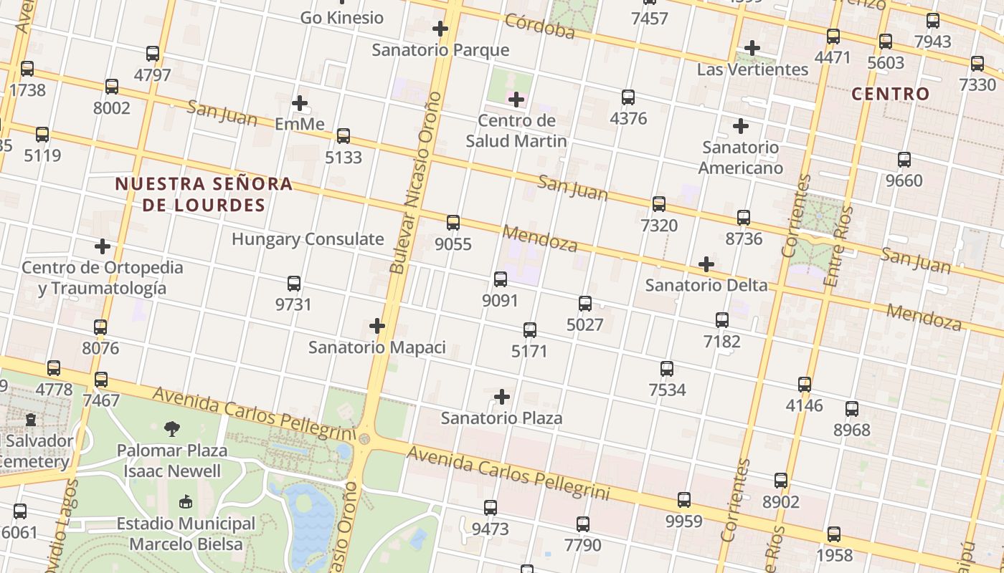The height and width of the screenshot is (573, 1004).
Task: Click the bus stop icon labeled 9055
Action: pos(453,223)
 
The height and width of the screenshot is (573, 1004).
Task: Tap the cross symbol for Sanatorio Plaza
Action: pos(502,397)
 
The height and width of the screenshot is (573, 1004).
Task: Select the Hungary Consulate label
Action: pos(308,239)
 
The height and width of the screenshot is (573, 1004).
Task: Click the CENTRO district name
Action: pos(890,94)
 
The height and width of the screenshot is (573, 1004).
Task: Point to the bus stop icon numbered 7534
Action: pos(667,369)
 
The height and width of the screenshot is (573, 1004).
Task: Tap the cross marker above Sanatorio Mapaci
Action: pos(377,327)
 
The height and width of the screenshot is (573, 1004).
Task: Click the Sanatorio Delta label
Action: pos(706,285)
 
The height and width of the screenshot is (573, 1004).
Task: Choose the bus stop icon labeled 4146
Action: pos(805,385)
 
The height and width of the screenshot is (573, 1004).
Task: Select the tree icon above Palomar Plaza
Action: pos(172,429)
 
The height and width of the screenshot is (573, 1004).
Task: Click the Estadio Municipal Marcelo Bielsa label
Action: pos(186,534)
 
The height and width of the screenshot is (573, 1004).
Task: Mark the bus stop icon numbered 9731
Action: pos(293,284)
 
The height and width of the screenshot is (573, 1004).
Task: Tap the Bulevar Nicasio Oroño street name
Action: pos(415,183)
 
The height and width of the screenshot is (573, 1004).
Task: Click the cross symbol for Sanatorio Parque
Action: pos(440,29)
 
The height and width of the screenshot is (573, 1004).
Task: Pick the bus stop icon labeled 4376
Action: pos(628,97)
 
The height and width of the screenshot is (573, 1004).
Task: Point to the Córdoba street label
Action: pos(540,26)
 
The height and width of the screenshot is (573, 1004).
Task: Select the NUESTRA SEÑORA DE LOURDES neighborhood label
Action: pos(204,194)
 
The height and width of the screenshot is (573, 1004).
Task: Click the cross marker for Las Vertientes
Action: pos(752,48)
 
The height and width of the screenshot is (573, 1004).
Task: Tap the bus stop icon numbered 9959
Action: pos(684,500)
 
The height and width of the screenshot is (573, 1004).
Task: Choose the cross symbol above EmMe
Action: pos(300,103)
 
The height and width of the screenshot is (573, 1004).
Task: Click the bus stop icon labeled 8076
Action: pos(100,327)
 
